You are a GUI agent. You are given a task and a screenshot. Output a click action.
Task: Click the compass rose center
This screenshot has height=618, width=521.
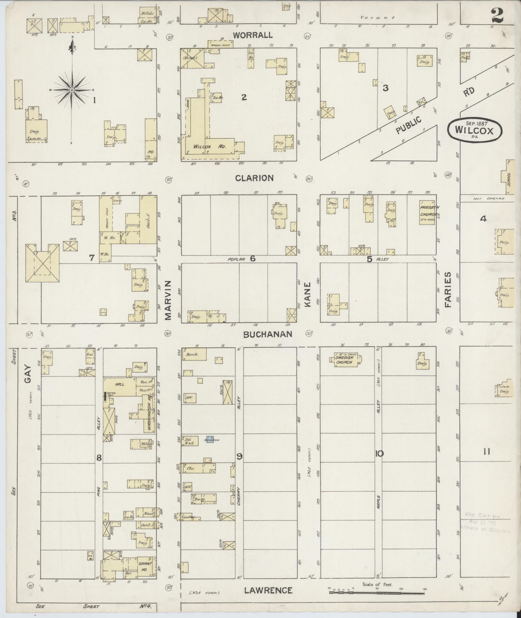tap(72, 89)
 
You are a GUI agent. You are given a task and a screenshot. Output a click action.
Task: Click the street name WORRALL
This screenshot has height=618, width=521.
tap(253, 35)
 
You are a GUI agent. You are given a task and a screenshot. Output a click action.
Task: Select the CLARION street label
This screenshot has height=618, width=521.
tap(255, 178)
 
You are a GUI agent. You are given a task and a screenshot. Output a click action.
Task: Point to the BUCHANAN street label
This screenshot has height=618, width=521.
tap(268, 334)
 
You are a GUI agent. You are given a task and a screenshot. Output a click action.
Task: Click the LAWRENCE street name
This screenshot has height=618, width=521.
tap(268, 591)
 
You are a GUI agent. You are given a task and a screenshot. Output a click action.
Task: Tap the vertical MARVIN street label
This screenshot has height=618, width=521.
tap(168, 300)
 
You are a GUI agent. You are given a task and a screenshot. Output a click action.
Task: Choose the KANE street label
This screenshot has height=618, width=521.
tap(307, 294)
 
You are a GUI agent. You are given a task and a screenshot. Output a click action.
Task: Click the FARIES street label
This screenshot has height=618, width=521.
tap(448, 289)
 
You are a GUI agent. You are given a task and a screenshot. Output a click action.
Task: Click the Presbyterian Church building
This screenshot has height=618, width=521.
tap(427, 212)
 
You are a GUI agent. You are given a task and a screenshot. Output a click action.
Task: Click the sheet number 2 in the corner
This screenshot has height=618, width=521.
tap(497, 16)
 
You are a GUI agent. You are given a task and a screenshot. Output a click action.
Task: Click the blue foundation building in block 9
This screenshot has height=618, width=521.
tap(210, 439)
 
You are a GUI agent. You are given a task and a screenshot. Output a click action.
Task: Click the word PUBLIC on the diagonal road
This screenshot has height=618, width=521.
tap(409, 125)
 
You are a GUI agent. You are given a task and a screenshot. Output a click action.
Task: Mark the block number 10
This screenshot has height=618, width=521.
tap(379, 454)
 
